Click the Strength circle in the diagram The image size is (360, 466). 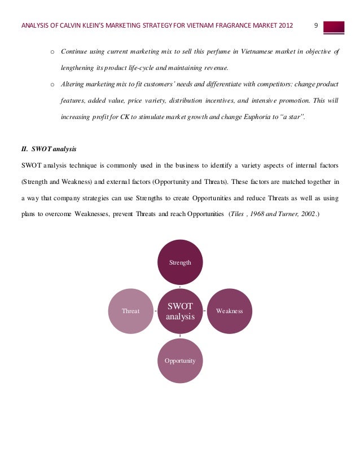(x=180, y=262)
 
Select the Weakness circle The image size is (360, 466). (x=229, y=311)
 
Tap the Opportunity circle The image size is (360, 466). (x=180, y=360)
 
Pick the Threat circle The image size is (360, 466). (x=131, y=311)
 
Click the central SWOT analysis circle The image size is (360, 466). (x=180, y=311)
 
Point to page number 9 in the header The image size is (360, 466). (x=316, y=25)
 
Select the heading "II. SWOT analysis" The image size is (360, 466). (x=48, y=150)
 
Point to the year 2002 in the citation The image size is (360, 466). (x=308, y=215)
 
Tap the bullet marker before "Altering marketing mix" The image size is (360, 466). (x=52, y=85)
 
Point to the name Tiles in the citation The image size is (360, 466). (x=236, y=215)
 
